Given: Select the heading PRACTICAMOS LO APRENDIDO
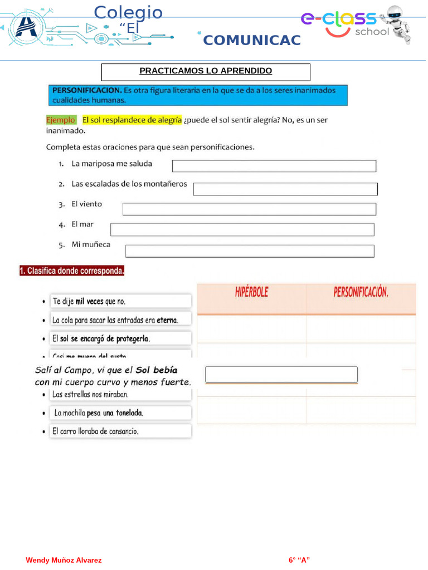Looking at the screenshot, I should pyautogui.click(x=206, y=71).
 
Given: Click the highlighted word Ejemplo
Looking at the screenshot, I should pyautogui.click(x=60, y=120).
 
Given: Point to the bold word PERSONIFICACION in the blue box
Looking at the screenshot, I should pyautogui.click(x=86, y=90).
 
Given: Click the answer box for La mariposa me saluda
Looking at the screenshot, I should pyautogui.click(x=274, y=166).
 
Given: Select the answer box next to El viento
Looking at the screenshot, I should pyautogui.click(x=249, y=209).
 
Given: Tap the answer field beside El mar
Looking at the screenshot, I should pyautogui.click(x=242, y=229).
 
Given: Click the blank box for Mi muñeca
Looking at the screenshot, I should pyautogui.click(x=249, y=251).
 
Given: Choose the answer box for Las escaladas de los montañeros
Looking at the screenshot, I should pyautogui.click(x=285, y=189).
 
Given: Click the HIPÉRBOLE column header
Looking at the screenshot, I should pyautogui.click(x=251, y=292).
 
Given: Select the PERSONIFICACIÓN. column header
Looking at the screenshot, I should pyautogui.click(x=361, y=292).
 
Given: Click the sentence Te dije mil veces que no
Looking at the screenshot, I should pyautogui.click(x=89, y=301).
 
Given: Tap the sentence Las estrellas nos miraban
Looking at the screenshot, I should pyautogui.click(x=90, y=394).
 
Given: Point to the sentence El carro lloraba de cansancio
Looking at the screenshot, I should pyautogui.click(x=95, y=431).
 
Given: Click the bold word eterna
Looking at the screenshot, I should pyautogui.click(x=167, y=320).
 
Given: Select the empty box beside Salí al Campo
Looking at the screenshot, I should pyautogui.click(x=281, y=375).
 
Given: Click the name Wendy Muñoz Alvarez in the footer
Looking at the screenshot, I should pyautogui.click(x=64, y=560).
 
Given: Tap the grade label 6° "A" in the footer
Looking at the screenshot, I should pyautogui.click(x=299, y=560).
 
